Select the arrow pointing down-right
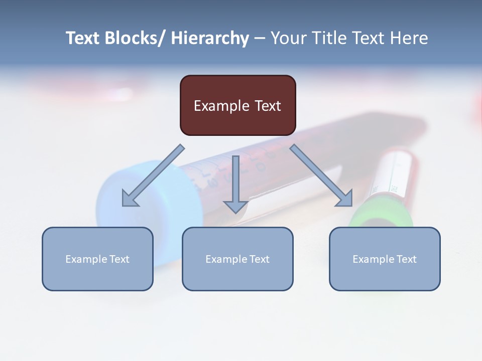pyautogui.click(x=321, y=175)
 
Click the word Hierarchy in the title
pyautogui.click(x=210, y=38)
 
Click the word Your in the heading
pyautogui.click(x=288, y=38)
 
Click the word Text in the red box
pyautogui.click(x=266, y=106)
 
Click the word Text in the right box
pyautogui.click(x=406, y=259)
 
